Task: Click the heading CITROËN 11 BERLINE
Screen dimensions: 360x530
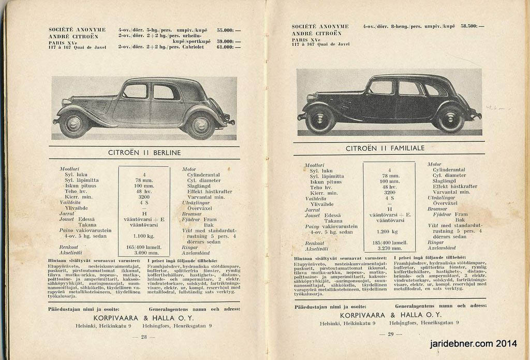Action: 144,153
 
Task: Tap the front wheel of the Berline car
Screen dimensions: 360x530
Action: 73,124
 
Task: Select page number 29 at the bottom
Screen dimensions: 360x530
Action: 391,334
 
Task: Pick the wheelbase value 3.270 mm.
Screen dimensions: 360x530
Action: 389,248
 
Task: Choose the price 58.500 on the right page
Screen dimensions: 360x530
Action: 472,26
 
